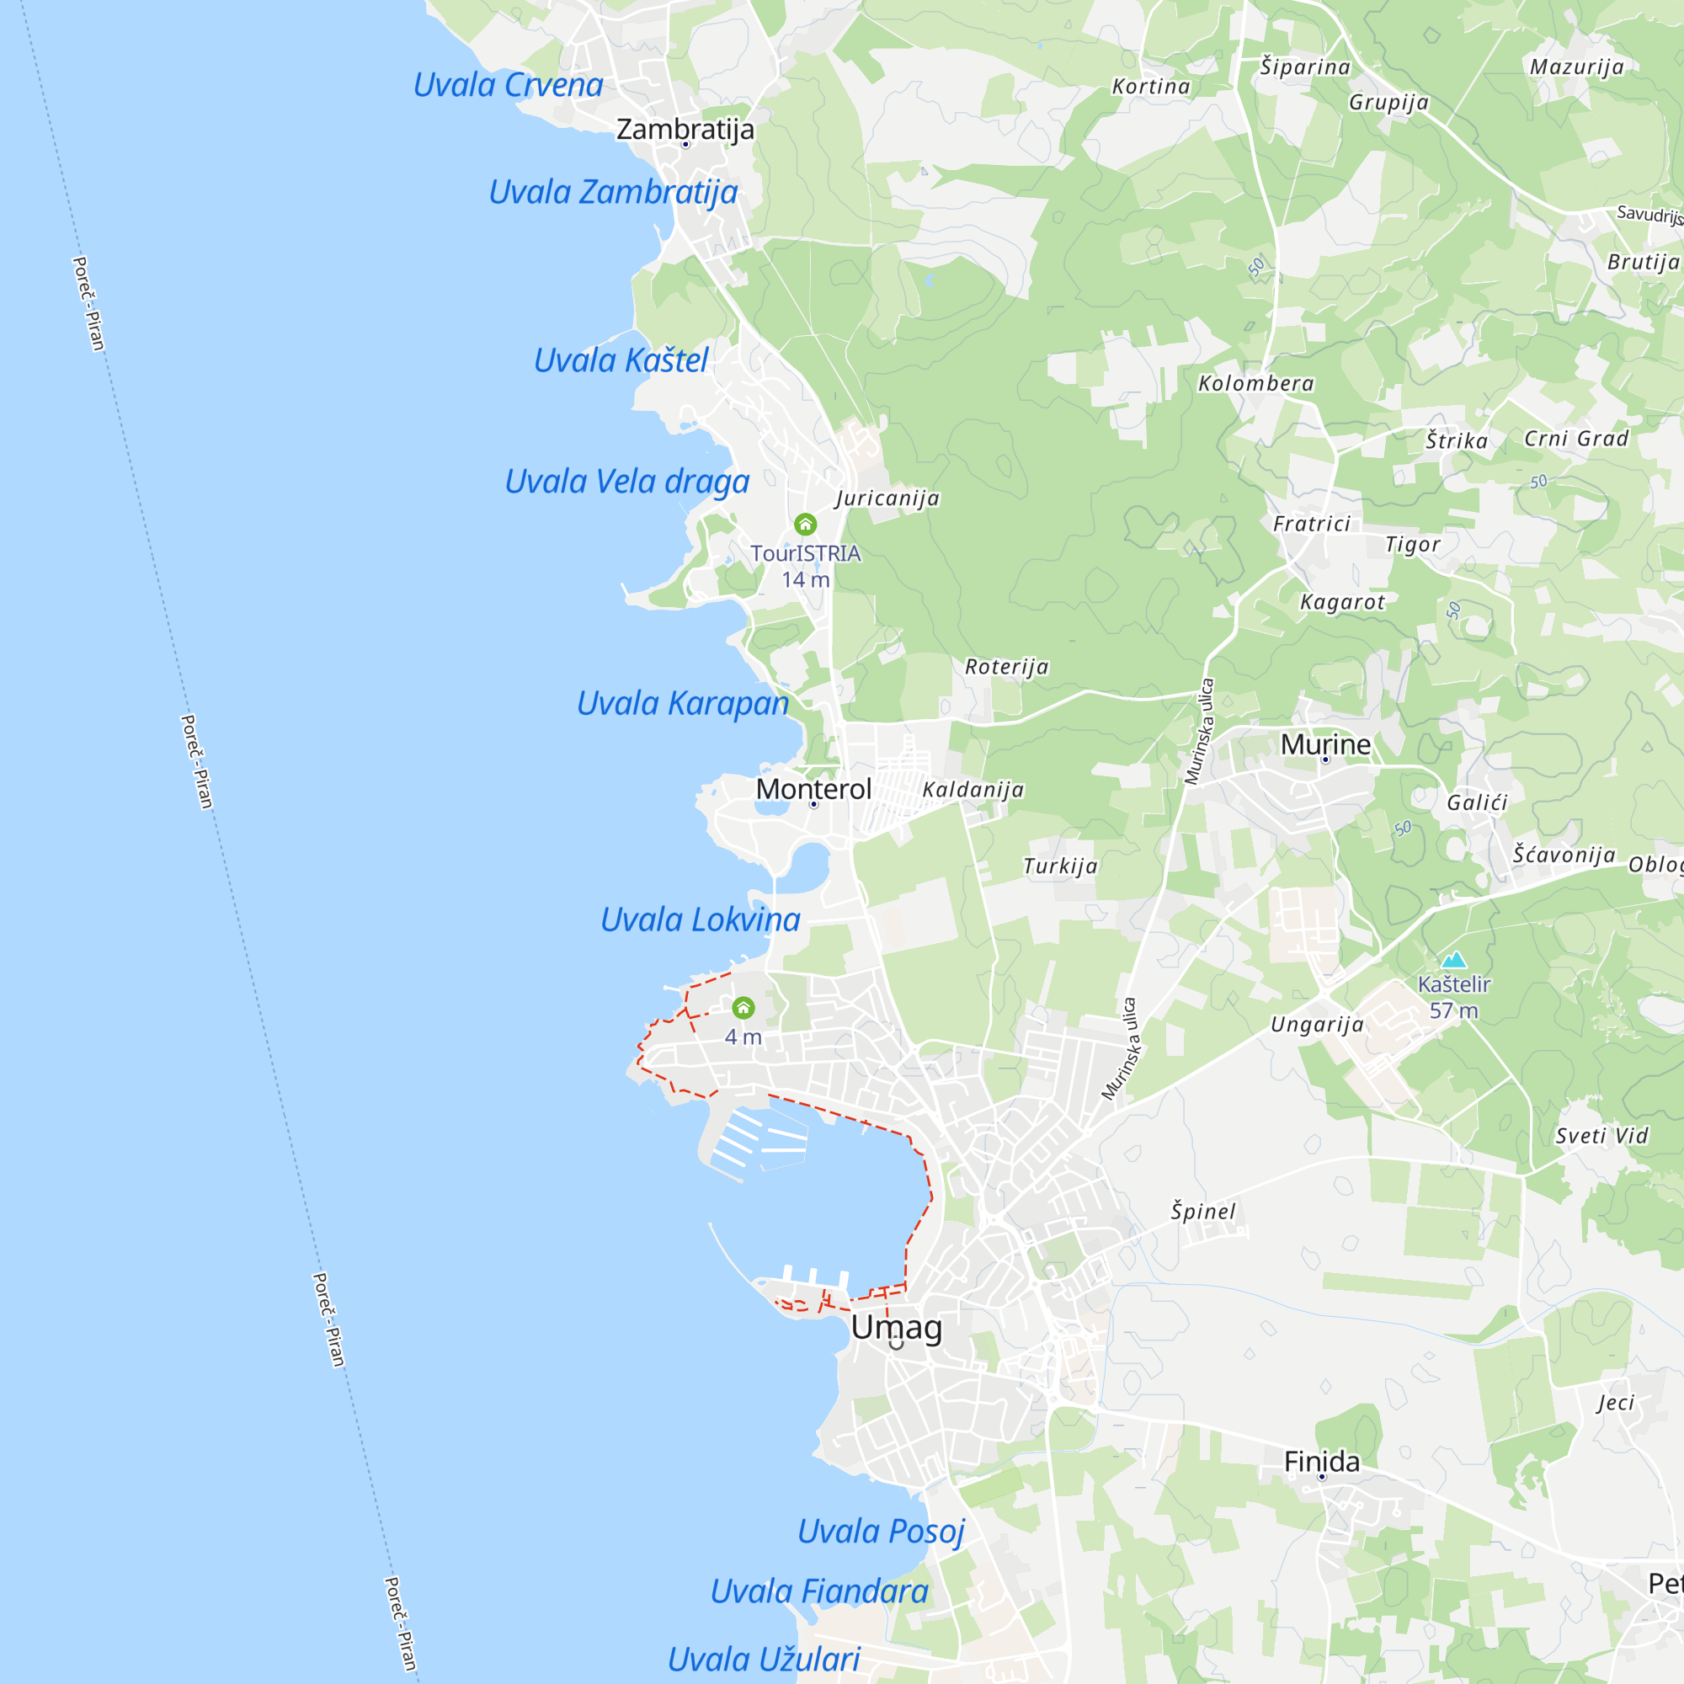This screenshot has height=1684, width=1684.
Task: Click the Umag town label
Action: pyautogui.click(x=896, y=1328)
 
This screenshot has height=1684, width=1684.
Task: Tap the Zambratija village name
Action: pyautogui.click(x=685, y=129)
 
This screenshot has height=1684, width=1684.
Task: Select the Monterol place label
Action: pyautogui.click(x=813, y=789)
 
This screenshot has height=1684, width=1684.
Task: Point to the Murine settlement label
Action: pyautogui.click(x=1324, y=744)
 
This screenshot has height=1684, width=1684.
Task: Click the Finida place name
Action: pyautogui.click(x=1321, y=1462)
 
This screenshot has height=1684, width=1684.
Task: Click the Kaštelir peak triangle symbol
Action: pyautogui.click(x=1453, y=961)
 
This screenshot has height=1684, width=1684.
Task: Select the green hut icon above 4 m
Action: pyautogui.click(x=743, y=1008)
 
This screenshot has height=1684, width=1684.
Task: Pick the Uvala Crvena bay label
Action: pyautogui.click(x=509, y=85)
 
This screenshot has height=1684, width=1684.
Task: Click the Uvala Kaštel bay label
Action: pyautogui.click(x=621, y=361)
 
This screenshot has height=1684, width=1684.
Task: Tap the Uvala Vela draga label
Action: pyautogui.click(x=626, y=482)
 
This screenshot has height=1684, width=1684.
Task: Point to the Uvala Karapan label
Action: pyautogui.click(x=683, y=703)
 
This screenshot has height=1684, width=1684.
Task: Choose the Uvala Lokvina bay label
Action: pyautogui.click(x=700, y=919)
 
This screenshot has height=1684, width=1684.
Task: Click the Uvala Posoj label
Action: pyautogui.click(x=882, y=1532)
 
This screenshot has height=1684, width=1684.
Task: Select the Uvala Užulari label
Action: pyautogui.click(x=764, y=1660)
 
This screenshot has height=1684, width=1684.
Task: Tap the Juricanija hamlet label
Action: pyautogui.click(x=887, y=498)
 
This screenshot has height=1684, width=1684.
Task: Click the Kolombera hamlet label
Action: pyautogui.click(x=1256, y=383)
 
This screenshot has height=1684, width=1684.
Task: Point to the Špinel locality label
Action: pyautogui.click(x=1203, y=1212)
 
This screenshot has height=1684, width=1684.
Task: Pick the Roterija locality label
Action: pyautogui.click(x=1007, y=667)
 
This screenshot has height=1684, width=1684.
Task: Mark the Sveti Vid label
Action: pyautogui.click(x=1602, y=1137)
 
